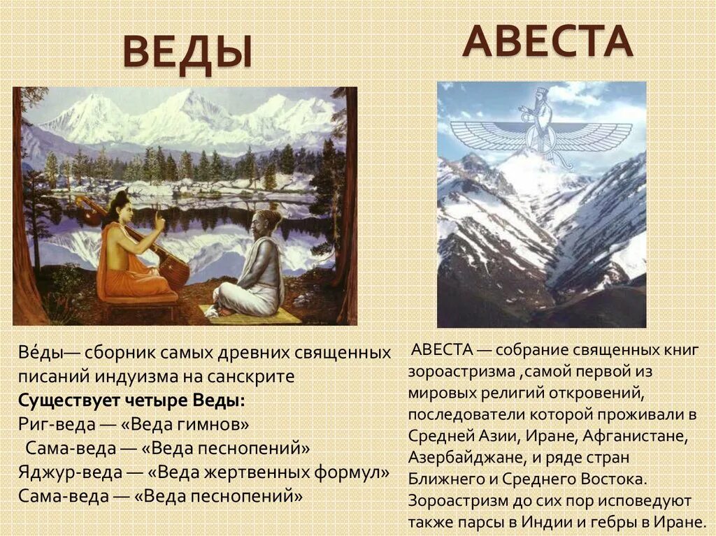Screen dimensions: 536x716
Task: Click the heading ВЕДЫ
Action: point(187,53)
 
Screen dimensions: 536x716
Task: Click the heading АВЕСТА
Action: point(547,42)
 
